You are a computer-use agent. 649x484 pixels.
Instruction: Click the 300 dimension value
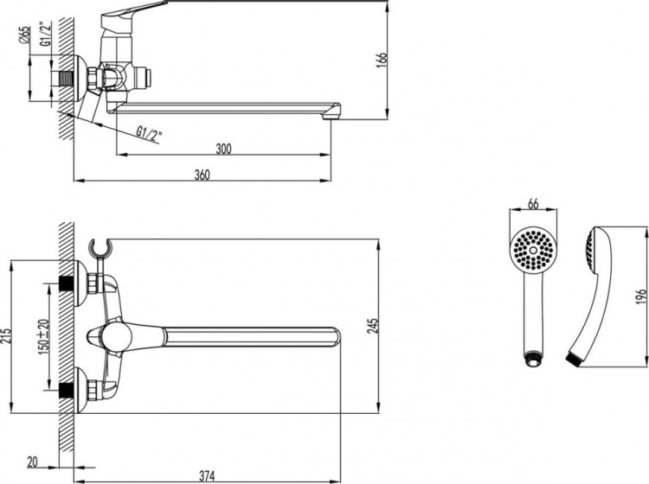point(223,149)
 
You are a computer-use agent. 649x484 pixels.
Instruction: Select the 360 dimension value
point(202,175)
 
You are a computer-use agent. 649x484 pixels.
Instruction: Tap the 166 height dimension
point(382,59)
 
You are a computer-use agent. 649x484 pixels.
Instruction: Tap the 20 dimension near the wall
point(32,462)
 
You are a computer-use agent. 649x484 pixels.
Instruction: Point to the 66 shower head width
point(533,204)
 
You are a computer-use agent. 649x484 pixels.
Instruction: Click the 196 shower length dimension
point(639,294)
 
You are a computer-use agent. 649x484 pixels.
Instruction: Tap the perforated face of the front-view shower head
point(533,252)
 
